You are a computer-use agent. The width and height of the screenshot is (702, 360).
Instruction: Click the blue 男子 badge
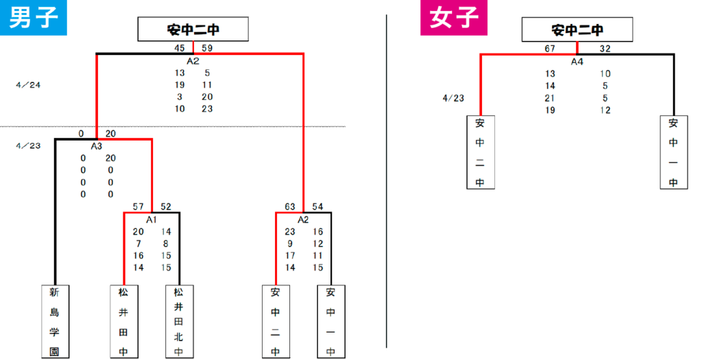coord(33,17)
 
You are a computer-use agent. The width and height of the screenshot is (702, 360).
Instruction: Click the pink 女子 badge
coord(454,18)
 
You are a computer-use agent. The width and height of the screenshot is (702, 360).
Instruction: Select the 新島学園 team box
coord(55,322)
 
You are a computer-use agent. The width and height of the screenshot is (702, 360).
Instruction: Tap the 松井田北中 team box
coord(179,322)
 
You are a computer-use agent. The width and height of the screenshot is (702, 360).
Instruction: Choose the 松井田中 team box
coord(124,322)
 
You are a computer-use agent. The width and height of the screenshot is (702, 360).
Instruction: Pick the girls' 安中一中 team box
coord(674,152)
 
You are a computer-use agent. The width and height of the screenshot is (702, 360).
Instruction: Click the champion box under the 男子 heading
coord(193,29)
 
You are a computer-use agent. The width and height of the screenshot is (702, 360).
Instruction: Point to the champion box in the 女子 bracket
coord(577,29)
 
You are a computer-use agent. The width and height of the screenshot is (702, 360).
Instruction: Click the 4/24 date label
coord(28,85)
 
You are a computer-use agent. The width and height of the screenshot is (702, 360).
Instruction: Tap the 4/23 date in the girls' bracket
coord(454,98)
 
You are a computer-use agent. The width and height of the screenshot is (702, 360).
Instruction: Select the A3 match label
coord(97,146)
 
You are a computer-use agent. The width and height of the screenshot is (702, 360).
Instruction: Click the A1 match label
coord(152,219)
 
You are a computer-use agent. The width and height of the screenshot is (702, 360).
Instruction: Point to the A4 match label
coord(577,62)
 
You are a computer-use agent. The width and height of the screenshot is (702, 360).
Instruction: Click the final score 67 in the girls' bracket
coord(550,49)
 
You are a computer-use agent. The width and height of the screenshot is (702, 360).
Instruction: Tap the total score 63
coord(290,206)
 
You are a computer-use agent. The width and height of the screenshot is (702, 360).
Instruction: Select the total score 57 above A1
coord(138,206)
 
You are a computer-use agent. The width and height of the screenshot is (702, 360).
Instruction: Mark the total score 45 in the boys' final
coord(180,48)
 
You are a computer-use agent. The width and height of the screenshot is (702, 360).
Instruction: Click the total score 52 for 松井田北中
coord(166,206)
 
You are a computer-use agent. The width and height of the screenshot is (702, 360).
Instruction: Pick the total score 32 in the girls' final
coord(605,49)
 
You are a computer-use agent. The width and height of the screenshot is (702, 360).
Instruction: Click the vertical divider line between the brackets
coord(387,181)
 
